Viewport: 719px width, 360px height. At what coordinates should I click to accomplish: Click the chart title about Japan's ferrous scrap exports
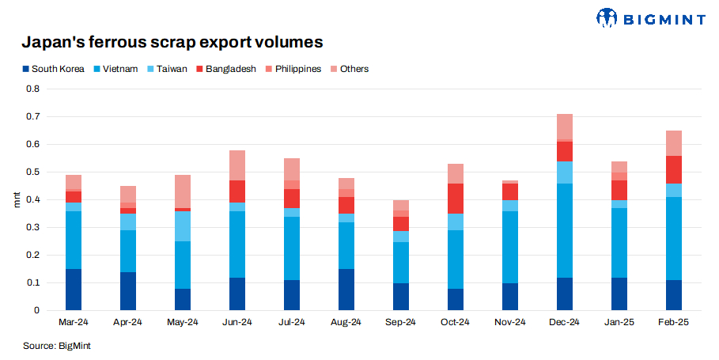point(172,41)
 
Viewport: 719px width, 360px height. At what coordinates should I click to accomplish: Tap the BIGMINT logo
point(649,17)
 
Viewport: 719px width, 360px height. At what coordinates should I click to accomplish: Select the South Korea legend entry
point(54,69)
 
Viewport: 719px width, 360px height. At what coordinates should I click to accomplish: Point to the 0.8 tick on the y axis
point(32,89)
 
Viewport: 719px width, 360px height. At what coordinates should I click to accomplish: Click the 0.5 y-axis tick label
point(32,172)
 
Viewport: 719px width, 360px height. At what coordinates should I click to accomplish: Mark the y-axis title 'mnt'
point(17,199)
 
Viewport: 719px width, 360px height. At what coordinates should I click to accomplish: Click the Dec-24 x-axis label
point(564,322)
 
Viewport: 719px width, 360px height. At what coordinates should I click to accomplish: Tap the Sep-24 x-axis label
point(401,322)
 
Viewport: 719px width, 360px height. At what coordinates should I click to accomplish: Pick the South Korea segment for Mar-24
point(74,290)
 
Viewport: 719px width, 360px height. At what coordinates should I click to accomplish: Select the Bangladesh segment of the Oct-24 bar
point(455,199)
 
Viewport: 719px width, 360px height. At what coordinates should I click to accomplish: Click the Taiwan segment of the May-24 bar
point(183,226)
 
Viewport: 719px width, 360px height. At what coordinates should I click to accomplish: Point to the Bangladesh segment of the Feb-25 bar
point(673,169)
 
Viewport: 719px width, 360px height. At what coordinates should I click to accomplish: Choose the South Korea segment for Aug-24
point(346,290)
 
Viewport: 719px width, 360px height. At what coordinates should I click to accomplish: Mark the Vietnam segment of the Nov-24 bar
point(509,247)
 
